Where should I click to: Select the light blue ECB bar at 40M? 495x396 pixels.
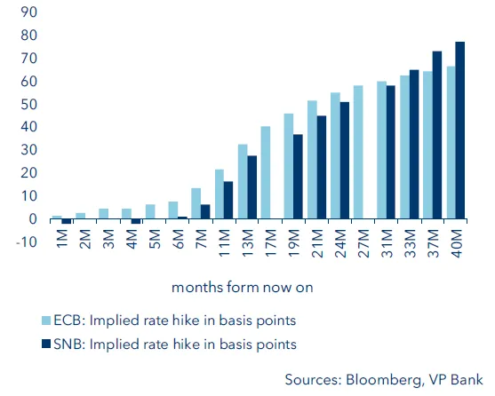click(451, 143)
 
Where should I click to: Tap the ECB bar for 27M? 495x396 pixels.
click(358, 153)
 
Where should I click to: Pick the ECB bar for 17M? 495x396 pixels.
click(266, 173)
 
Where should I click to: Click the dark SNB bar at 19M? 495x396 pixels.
click(299, 177)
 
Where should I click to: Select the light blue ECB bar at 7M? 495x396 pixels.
click(196, 203)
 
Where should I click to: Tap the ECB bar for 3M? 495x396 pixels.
click(103, 214)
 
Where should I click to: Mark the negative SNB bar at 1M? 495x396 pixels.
click(66, 221)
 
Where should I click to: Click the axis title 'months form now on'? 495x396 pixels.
click(242, 287)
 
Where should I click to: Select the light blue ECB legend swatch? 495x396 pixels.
click(48, 321)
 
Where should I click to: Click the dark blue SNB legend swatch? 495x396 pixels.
click(48, 344)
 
